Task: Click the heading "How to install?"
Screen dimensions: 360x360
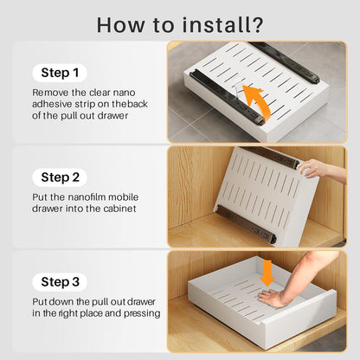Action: (180, 25)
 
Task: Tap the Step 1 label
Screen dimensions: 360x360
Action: (60, 73)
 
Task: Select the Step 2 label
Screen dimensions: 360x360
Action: (60, 177)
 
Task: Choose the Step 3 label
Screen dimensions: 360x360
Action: (60, 282)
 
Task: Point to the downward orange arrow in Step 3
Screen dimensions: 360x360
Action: (267, 273)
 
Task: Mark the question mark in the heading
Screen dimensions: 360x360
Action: (257, 25)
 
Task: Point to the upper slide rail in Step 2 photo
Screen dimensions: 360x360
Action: (271, 157)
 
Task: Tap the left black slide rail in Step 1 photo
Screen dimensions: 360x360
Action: (227, 98)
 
